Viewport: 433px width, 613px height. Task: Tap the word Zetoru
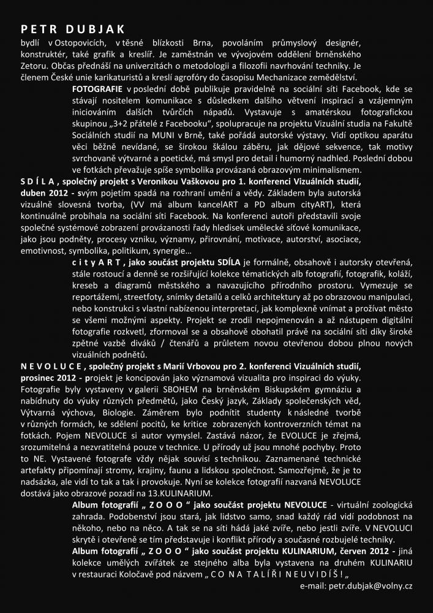pyautogui.click(x=34, y=64)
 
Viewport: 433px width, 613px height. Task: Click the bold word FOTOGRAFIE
pyautogui.click(x=97, y=89)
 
